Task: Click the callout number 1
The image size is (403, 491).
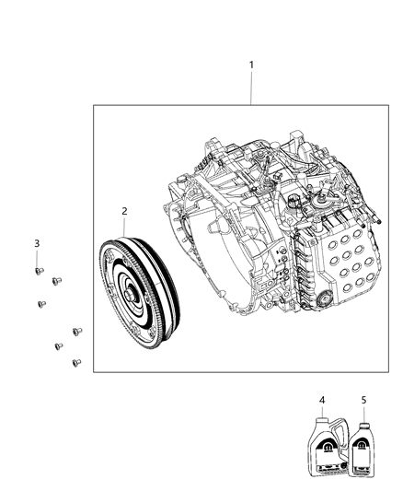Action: click(x=251, y=64)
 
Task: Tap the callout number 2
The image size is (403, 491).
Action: click(x=124, y=212)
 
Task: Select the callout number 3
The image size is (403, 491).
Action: click(x=37, y=242)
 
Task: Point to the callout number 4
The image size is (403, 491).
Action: click(x=322, y=400)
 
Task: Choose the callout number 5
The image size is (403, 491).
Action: click(x=363, y=400)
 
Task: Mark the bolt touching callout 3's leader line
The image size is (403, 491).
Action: click(x=38, y=271)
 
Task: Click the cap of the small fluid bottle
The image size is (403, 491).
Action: click(x=363, y=426)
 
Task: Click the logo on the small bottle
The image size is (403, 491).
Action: click(x=363, y=450)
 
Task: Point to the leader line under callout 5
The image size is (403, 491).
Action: click(x=363, y=413)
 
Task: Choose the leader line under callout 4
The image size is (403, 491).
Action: click(x=322, y=413)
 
